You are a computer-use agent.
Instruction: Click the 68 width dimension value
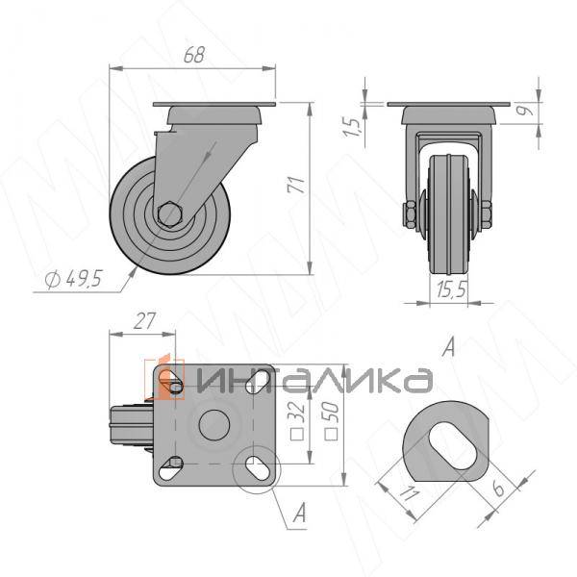[x=193, y=55]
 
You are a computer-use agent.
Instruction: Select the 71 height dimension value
[x=296, y=185]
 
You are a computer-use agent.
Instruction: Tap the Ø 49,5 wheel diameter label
[x=73, y=279]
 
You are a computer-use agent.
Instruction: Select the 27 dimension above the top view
[x=144, y=321]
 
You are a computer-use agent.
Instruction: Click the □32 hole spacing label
[x=298, y=420]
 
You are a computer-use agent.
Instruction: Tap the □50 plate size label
[x=332, y=420]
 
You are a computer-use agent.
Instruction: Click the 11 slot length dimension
[x=409, y=494]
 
